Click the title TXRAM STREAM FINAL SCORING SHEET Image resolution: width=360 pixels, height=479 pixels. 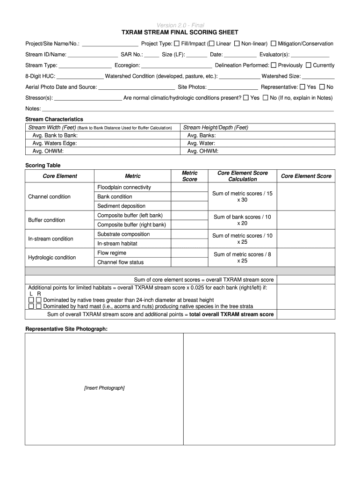pos(180,32)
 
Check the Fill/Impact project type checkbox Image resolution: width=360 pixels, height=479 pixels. pos(177,44)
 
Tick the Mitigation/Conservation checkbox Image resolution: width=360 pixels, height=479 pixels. pos(274,44)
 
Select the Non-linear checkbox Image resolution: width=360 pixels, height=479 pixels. pos(237,44)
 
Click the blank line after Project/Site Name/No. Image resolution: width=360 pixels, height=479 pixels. pos(110,44)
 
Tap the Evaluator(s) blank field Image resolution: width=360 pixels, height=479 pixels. pos(310,55)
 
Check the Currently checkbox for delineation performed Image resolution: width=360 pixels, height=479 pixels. pos(309,65)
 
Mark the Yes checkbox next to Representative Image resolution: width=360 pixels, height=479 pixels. pos(302,87)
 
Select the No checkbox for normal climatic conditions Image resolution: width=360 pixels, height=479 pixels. pos(266,98)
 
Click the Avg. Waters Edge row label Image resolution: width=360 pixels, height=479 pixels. pos(55,143)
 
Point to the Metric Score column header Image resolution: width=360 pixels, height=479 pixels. pos(189,176)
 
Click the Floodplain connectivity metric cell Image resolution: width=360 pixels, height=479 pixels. pos(124,187)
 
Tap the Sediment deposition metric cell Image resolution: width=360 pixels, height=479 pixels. pos(121,206)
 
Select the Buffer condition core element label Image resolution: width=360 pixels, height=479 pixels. pos(47,220)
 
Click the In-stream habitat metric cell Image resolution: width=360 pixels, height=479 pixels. pos(117,243)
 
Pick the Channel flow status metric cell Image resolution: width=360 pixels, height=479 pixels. pos(121,262)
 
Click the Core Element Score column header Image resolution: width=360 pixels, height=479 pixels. pos(306,176)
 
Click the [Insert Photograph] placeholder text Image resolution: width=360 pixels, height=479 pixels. pos(104,388)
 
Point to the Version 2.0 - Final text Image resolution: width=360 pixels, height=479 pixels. pos(180,25)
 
